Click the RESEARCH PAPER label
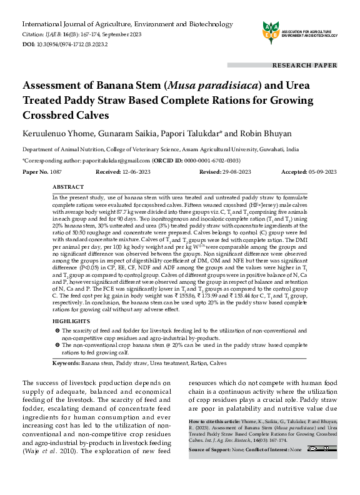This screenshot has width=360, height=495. coord(304,65)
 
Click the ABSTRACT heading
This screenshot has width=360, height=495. coord(68,187)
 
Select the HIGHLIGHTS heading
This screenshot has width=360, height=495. coord(71,320)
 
